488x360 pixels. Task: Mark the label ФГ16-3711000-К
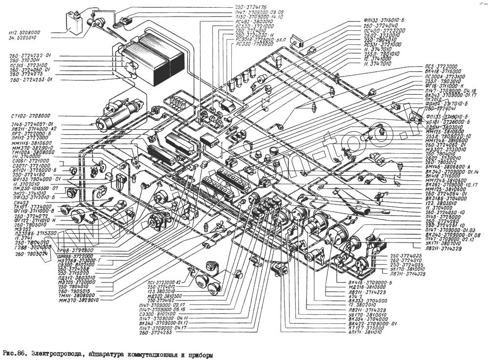pos(444,86)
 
